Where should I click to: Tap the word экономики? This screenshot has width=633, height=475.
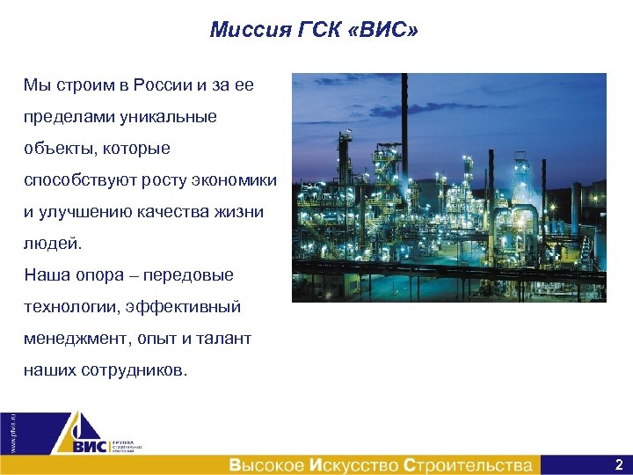coord(237,180)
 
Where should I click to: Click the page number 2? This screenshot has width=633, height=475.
coord(619,464)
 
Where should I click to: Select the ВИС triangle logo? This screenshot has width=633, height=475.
coord(79,436)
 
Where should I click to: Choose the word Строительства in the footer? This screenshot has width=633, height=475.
coord(468,464)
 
